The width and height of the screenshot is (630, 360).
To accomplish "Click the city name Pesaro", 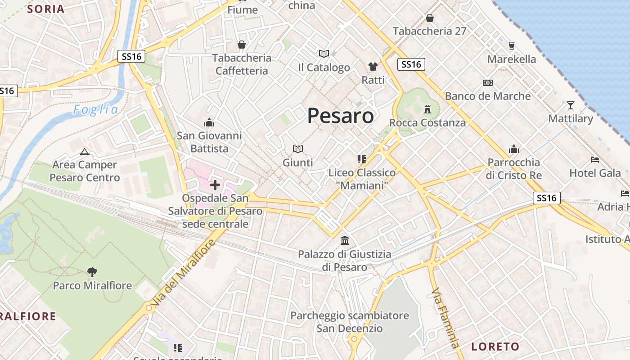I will (340, 116).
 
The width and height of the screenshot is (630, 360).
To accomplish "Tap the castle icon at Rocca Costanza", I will (427, 109).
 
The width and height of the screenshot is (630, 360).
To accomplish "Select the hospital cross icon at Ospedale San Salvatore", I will (215, 184).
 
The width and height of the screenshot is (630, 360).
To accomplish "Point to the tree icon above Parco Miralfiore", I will (92, 272).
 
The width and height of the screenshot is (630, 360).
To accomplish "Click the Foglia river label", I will (96, 110).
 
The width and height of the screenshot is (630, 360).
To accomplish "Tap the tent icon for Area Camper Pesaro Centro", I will (84, 152).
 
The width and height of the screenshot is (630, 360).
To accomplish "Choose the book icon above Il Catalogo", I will (324, 54).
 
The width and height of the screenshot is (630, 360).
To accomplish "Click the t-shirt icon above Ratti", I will (373, 67).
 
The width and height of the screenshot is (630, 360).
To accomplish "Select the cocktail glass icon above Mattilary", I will (571, 105).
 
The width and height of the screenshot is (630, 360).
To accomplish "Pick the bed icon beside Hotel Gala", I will (595, 160).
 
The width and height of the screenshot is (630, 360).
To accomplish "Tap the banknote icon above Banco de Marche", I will (488, 83).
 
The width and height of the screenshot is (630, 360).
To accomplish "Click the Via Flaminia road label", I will (445, 317).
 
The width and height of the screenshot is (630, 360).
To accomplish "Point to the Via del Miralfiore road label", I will (183, 274).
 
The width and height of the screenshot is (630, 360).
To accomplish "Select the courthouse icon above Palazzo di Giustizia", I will (345, 240).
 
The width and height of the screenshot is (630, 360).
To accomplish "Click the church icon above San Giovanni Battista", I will (209, 122).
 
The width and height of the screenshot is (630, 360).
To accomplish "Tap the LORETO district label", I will (495, 346).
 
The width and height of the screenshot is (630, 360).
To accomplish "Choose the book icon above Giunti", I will (297, 149).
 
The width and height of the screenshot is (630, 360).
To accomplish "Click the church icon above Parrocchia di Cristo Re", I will (514, 149).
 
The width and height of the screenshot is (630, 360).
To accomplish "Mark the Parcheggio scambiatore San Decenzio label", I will (350, 322).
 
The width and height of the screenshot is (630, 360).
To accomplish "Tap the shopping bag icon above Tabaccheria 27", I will (430, 18).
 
